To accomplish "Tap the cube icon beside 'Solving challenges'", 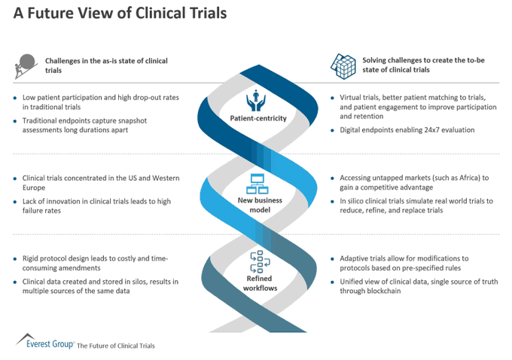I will coord(343,66).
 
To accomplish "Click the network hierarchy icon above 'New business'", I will coord(257,182).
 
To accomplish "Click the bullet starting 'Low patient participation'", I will coord(99,102).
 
